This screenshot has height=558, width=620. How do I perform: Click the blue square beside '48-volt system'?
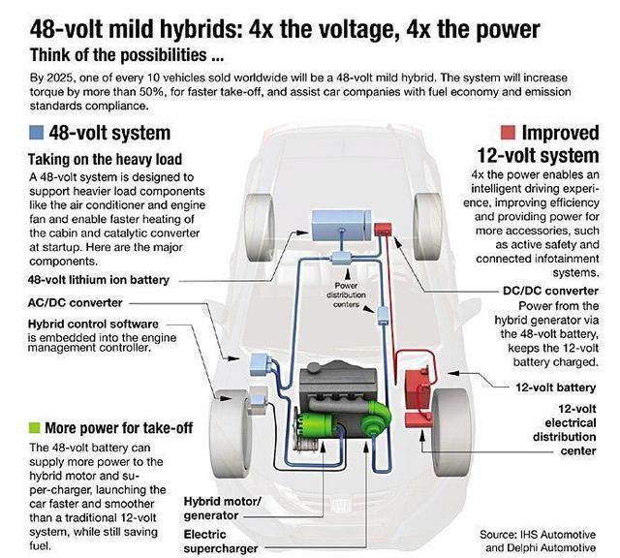[x=36, y=133]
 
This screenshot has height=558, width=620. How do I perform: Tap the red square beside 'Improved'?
[x=508, y=133]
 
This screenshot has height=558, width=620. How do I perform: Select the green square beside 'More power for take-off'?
[x=35, y=427]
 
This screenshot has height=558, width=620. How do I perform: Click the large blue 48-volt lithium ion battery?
[x=342, y=226]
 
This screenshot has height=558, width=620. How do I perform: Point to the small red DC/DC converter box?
[x=383, y=229]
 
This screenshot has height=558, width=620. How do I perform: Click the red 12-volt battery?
[x=418, y=389]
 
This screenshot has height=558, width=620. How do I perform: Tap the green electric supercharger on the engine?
[x=376, y=418]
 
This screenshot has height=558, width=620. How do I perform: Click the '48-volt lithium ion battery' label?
[x=99, y=280]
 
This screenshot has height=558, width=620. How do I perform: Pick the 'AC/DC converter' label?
[x=76, y=303]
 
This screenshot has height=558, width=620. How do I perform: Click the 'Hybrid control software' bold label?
[x=93, y=324]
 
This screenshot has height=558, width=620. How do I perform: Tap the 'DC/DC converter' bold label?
[x=550, y=291]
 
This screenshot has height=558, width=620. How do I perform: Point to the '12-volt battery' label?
[x=555, y=387]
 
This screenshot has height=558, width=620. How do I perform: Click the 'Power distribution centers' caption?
[x=346, y=295]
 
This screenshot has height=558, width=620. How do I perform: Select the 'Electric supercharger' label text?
[x=221, y=542]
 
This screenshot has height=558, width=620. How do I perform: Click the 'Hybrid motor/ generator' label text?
[x=222, y=509]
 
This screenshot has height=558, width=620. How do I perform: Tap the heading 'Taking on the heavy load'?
[x=106, y=160]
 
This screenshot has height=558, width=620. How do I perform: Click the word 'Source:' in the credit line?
[x=498, y=535]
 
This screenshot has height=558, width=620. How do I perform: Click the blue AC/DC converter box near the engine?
[x=259, y=364]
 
